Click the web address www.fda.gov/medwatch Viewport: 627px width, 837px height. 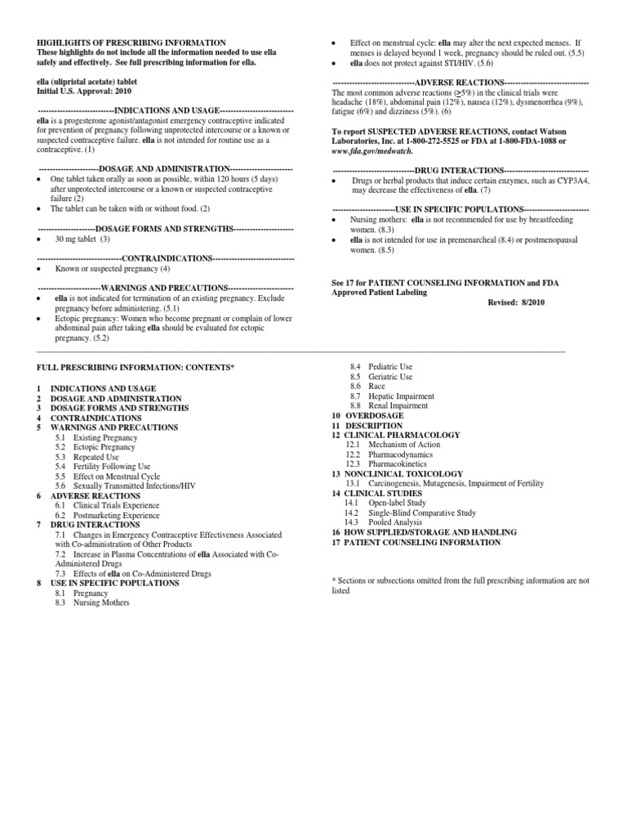[372, 151]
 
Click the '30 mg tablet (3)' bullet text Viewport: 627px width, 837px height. [82, 239]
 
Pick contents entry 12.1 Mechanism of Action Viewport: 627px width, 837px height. [393, 445]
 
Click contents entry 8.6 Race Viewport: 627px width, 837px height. [364, 385]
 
